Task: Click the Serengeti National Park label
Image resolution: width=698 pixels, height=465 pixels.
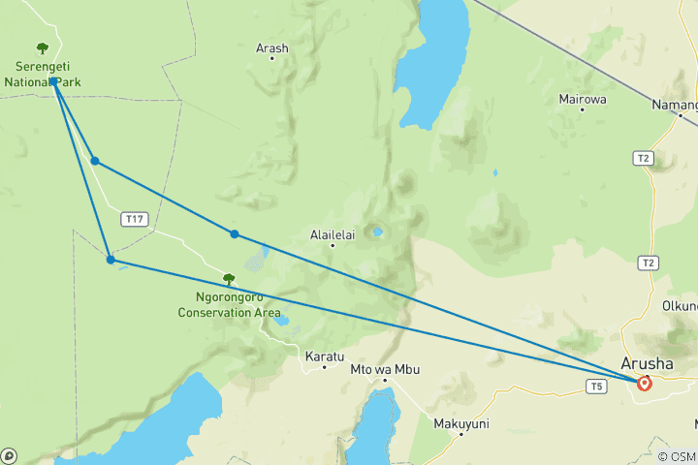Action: pos(41,74)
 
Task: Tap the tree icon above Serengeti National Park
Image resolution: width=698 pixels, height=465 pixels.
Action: pos(42,48)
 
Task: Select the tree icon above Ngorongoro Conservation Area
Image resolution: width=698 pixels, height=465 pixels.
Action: pos(229,280)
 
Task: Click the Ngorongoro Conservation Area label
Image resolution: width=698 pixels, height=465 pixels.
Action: pos(229,305)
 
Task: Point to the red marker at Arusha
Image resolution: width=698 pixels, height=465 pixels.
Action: pos(644,384)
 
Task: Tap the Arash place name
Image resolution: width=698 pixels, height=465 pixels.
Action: pos(272,47)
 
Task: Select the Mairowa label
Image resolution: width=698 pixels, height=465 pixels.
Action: pos(583,99)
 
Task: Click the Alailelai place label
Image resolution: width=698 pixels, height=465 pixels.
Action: pos(333,233)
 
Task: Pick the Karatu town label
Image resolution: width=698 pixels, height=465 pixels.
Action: pos(324,356)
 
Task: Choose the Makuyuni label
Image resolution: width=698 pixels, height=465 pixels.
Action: pos(461,423)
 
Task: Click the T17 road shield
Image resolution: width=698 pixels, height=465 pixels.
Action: pos(135,220)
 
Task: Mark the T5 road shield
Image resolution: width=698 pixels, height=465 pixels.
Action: pos(596,387)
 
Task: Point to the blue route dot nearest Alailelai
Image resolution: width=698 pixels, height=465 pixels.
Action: pos(235,233)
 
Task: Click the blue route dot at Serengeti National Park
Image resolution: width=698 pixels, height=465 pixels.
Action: pos(54,81)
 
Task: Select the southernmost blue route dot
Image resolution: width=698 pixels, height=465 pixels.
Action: pos(111,260)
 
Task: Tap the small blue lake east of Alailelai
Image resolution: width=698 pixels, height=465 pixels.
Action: pos(376,232)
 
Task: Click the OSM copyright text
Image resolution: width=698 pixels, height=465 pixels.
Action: pos(677,456)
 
